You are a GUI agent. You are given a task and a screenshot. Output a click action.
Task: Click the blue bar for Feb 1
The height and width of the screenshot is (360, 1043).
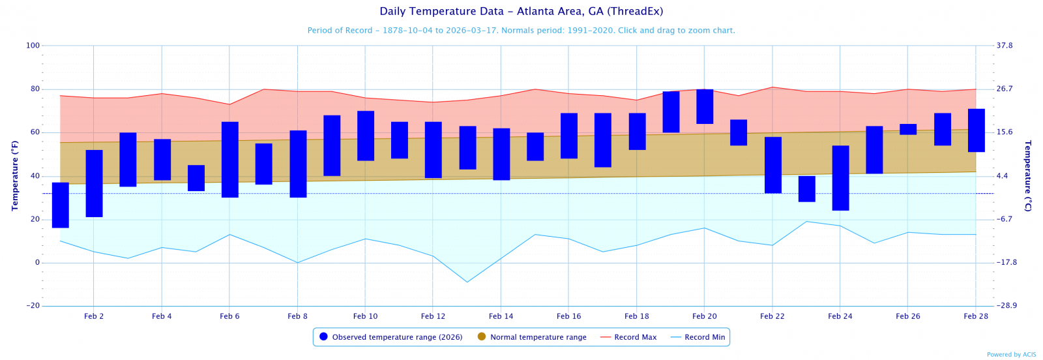coord(61,205)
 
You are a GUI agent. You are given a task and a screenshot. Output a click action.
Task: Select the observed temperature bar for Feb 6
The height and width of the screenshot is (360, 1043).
coord(230,160)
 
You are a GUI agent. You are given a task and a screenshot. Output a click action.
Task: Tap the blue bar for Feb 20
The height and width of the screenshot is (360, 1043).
coord(705,106)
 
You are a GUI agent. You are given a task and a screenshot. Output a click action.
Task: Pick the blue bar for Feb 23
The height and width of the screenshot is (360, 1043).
coord(806,189)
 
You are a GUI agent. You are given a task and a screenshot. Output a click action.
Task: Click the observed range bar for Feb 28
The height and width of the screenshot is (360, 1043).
coord(976,130)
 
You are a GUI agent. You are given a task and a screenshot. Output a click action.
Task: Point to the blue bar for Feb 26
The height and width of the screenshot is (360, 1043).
coord(908,129)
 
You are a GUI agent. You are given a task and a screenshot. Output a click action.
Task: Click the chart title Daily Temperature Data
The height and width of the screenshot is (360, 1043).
coord(521,12)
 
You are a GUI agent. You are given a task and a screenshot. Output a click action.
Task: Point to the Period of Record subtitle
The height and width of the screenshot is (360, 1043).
coord(521,31)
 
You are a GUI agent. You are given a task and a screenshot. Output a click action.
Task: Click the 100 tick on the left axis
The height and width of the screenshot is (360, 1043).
coord(33,46)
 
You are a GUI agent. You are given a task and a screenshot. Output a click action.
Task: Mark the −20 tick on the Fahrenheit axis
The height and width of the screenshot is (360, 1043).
coord(33,306)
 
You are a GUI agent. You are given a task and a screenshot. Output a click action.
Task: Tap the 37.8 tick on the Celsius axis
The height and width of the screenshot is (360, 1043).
coord(1005,46)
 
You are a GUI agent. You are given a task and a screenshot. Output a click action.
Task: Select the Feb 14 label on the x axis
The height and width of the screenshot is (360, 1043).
coord(501,316)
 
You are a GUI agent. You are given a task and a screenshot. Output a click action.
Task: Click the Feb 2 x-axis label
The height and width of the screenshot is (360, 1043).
coord(94,316)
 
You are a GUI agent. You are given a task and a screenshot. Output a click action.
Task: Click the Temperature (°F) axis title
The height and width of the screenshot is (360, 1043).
coord(14,175)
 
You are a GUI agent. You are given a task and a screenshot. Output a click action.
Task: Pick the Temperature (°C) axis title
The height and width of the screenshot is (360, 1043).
coord(1028,175)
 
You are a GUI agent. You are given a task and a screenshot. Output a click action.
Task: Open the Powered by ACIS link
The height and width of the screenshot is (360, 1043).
coord(1011,355)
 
